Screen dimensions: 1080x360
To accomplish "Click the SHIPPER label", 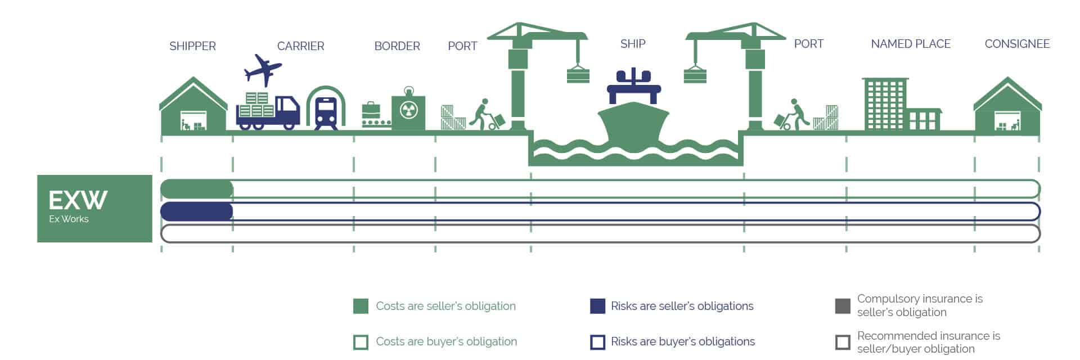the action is [192, 46].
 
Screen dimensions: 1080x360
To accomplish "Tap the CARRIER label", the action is [300, 46].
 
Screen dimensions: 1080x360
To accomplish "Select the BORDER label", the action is [397, 46].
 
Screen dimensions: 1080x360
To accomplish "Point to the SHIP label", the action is [633, 44].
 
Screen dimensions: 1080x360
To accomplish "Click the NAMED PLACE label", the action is [911, 44].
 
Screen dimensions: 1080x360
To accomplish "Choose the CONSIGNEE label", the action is [1017, 44].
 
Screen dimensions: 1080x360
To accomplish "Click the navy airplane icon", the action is [263, 70].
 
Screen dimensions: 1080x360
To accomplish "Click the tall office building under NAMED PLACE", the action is [885, 104].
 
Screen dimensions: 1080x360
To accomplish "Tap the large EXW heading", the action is [78, 200].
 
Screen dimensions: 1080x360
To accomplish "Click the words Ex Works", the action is [69, 219].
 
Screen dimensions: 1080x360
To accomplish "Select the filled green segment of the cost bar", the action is [197, 189].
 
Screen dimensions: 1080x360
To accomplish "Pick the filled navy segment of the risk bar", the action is [197, 211].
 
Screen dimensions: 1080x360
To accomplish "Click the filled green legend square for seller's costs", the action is [361, 306].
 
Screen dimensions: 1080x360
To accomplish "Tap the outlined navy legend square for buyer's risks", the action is [597, 342].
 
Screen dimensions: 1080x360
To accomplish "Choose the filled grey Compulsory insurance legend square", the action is [843, 306].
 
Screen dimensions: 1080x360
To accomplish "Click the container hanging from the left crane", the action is [578, 74].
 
